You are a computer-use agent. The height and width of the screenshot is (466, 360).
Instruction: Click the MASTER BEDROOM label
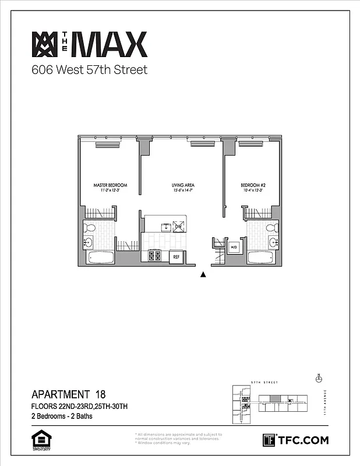tap(110, 185)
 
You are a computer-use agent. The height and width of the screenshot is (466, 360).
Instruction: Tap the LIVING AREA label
tap(183, 185)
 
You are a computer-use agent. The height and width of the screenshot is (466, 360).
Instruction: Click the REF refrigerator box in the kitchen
tap(176, 256)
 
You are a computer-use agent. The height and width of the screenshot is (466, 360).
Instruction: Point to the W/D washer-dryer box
tap(234, 248)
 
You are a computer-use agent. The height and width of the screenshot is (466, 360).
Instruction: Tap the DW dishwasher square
tap(178, 227)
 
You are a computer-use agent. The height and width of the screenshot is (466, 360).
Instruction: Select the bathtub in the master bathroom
tap(100, 257)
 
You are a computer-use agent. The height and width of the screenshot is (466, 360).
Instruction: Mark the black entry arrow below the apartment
tap(203, 275)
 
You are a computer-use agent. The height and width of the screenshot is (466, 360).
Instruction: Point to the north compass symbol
tap(318, 379)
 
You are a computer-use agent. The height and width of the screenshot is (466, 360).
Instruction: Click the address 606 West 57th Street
tap(89, 70)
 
